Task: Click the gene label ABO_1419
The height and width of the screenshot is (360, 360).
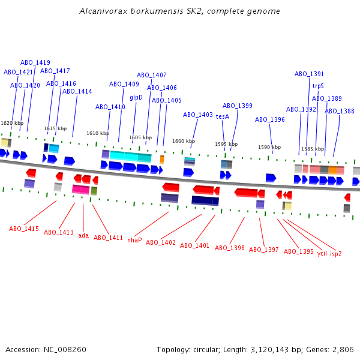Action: pos(35,62)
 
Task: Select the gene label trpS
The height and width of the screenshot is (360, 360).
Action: pos(318,86)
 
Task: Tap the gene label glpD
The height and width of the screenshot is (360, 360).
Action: pos(136,97)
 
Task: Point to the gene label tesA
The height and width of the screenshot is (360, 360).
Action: pos(223,116)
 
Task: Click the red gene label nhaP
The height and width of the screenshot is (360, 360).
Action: pos(134,240)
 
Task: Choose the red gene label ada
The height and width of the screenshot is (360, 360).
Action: pos(83,236)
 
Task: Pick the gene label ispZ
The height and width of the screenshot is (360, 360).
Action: pos(336,254)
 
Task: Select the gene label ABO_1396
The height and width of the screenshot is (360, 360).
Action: pos(270,119)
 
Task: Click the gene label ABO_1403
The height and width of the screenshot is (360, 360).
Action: pos(198,115)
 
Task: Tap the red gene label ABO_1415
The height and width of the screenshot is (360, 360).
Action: pos(24,229)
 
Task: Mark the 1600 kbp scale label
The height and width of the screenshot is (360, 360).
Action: pos(184,141)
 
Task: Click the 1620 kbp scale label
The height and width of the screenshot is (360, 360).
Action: pos(12,123)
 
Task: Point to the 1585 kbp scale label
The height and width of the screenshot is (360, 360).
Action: pos(313,149)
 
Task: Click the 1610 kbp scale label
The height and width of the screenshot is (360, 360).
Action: pos(98,133)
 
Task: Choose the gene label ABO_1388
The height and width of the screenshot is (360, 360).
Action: pos(340,111)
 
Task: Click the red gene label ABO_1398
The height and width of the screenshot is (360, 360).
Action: pos(230,248)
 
